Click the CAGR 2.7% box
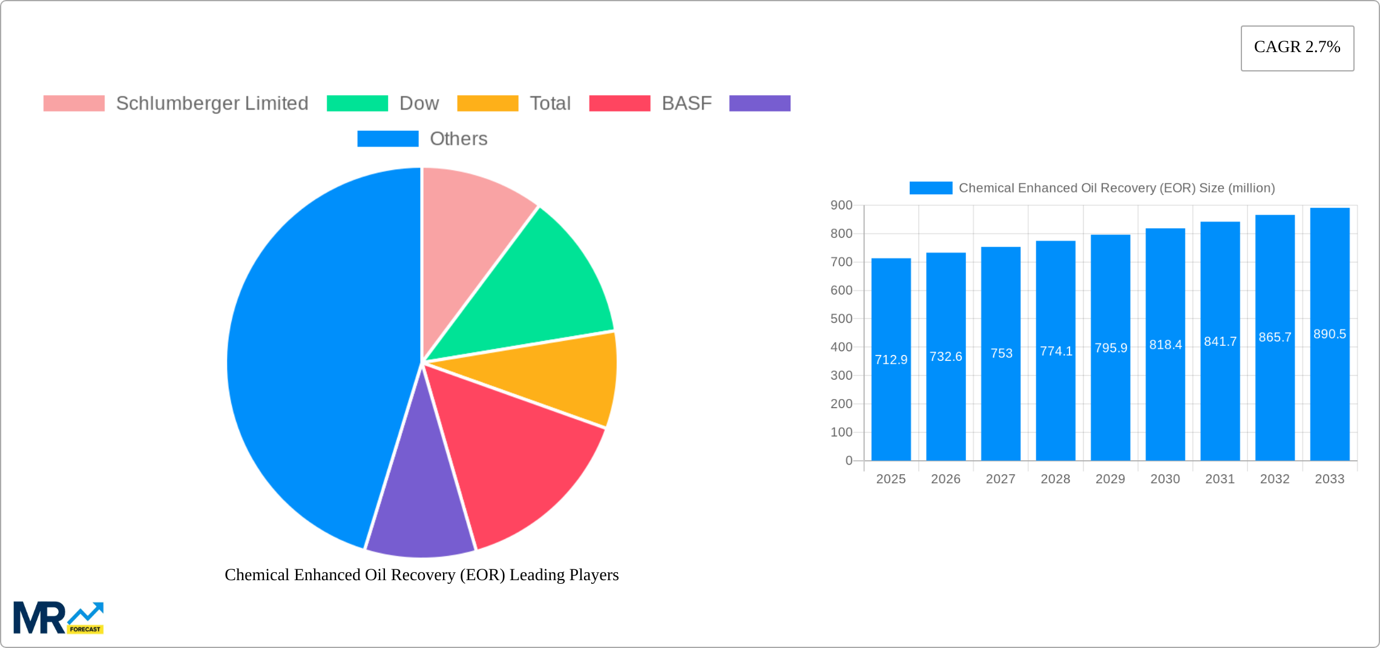1297,48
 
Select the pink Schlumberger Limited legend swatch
74,104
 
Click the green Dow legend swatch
357,104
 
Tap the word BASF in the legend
686,104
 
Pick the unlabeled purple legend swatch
760,104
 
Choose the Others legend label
458,139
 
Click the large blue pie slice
315,363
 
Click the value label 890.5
1329,334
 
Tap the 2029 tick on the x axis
1110,479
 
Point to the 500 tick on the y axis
841,319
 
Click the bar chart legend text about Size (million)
1116,188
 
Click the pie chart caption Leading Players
421,575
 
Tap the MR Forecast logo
58,618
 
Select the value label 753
1001,353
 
